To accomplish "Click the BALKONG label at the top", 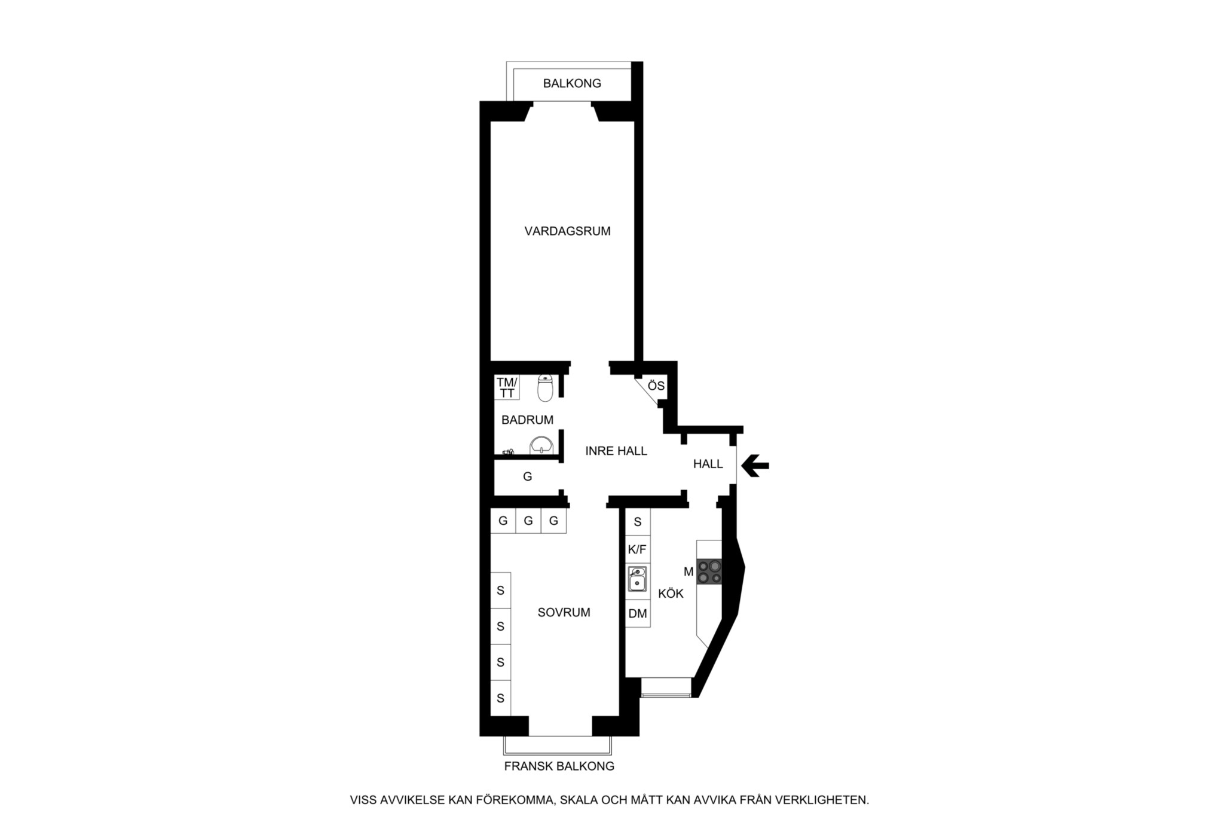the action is coord(572,84).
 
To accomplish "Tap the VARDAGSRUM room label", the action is coord(567,231).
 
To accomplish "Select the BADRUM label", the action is coord(527,420).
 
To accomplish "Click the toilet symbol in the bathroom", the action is coord(544,388).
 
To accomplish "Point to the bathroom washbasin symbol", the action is coord(541,445).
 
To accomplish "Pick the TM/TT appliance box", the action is coord(507,387).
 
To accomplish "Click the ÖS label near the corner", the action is coord(656,386).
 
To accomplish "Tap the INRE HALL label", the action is coord(616,451).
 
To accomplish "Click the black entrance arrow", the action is coord(755,465).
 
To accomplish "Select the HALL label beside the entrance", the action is coord(708,464).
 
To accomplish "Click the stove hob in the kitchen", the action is coord(709,571).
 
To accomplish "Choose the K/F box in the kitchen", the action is coord(637,549).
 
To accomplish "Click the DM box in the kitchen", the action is coord(638,614).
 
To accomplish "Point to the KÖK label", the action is coord(671,594).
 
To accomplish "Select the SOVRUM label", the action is coord(564,613).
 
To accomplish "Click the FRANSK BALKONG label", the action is coord(559,766).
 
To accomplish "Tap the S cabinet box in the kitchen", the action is coord(638,522).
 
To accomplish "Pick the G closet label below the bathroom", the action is coord(527,477).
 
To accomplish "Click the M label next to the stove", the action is coord(688,572).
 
